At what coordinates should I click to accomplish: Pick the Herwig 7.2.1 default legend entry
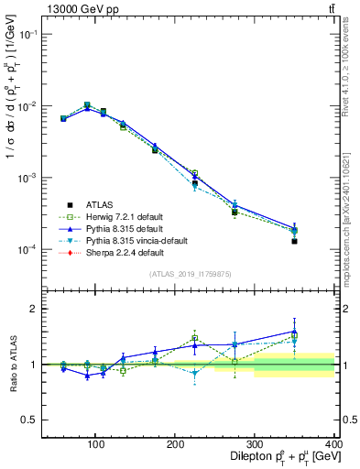[x=123, y=216]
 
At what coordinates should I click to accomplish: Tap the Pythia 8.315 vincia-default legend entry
[x=132, y=240]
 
